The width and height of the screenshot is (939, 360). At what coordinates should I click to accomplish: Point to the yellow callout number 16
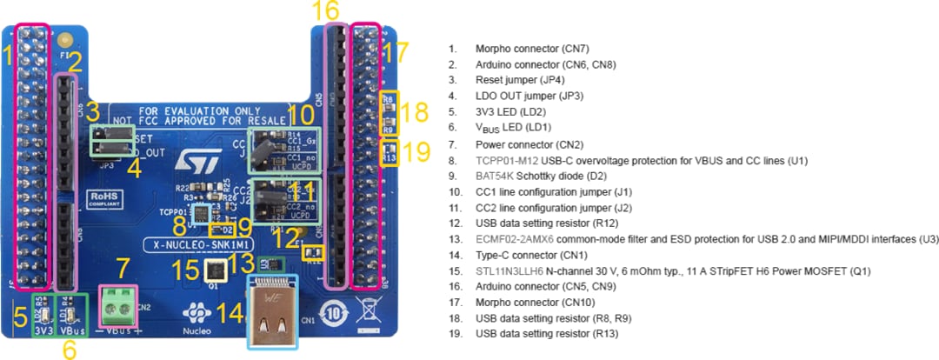point(326,11)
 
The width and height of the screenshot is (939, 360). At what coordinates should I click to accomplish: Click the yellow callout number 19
point(416,151)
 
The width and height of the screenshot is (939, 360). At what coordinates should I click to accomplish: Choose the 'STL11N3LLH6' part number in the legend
point(509,271)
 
